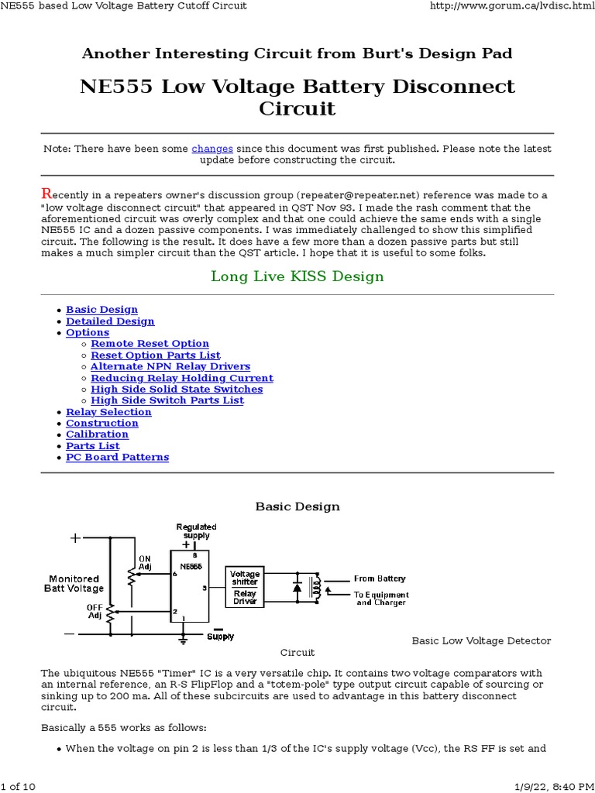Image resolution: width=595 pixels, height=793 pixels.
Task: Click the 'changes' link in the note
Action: pos(212,148)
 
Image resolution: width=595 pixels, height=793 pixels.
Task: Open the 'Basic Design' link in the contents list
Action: pos(101,310)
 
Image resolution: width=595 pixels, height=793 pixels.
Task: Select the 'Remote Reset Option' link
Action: pos(150,344)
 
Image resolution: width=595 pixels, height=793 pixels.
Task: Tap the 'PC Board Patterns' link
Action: pos(117,458)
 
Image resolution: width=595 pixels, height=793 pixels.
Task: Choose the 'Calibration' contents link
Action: pos(97,434)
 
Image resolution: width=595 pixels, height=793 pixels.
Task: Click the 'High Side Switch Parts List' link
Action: pos(167,400)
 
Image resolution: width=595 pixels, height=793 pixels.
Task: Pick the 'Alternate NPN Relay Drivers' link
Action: pos(170,366)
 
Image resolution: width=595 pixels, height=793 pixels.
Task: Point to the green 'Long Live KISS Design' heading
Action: pos(297,276)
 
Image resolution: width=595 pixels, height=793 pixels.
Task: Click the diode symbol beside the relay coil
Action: pos(297,588)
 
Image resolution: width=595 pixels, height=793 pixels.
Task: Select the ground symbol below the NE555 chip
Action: pos(183,640)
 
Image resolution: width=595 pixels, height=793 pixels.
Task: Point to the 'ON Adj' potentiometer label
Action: pos(145,562)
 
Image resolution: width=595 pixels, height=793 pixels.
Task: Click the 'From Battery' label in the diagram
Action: pos(380,578)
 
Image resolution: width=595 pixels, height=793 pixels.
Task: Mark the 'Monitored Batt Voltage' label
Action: pos(74,583)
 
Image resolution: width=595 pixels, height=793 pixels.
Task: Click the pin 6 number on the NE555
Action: pos(176,574)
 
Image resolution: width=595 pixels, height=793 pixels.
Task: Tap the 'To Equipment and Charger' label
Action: pos(381,599)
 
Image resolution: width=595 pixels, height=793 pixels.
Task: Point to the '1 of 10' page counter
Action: pos(19,787)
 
